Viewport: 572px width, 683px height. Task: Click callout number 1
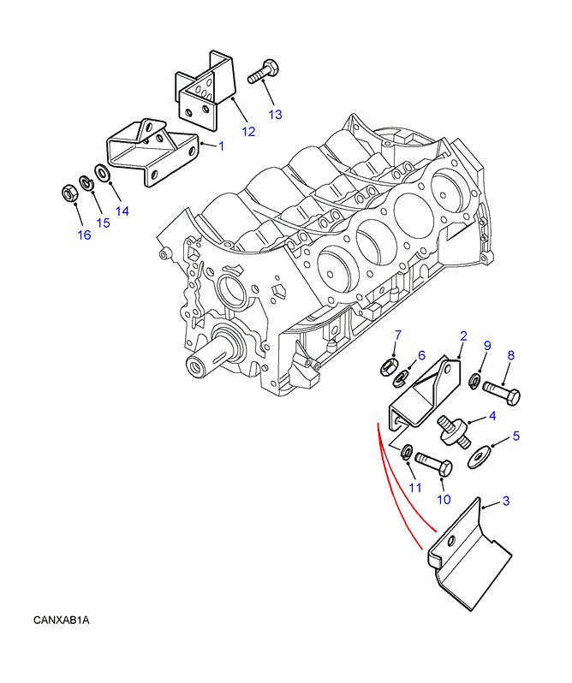click(x=220, y=146)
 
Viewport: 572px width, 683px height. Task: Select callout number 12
click(x=248, y=132)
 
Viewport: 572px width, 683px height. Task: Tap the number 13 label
click(x=275, y=114)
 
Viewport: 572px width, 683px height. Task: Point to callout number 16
click(x=83, y=235)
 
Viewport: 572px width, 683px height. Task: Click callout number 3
click(x=506, y=502)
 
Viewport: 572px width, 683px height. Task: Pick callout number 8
click(x=510, y=355)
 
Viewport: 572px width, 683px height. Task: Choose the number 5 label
click(x=516, y=437)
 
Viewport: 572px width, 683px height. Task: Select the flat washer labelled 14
click(x=102, y=174)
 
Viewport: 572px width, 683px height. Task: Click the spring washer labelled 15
click(x=86, y=182)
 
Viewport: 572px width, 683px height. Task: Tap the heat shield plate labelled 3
click(x=471, y=556)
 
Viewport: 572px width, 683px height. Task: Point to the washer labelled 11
click(x=406, y=451)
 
